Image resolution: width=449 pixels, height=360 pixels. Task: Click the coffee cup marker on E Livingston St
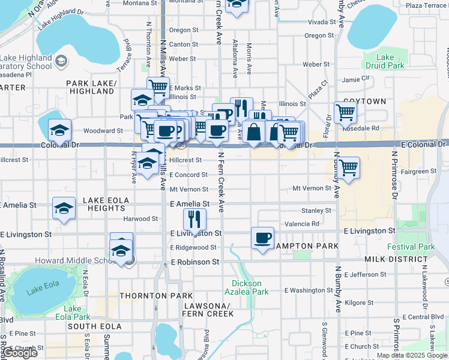click(262, 238)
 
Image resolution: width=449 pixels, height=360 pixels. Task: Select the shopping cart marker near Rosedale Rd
click(345, 112)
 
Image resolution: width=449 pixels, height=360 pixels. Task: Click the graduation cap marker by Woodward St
click(60, 130)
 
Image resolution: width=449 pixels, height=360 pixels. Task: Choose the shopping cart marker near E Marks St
click(158, 88)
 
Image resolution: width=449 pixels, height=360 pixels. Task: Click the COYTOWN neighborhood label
click(364, 101)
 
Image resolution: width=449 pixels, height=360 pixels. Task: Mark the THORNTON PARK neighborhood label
click(156, 296)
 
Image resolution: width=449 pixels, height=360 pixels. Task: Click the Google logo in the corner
click(20, 353)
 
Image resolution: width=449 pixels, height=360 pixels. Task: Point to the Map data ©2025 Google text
click(412, 355)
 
